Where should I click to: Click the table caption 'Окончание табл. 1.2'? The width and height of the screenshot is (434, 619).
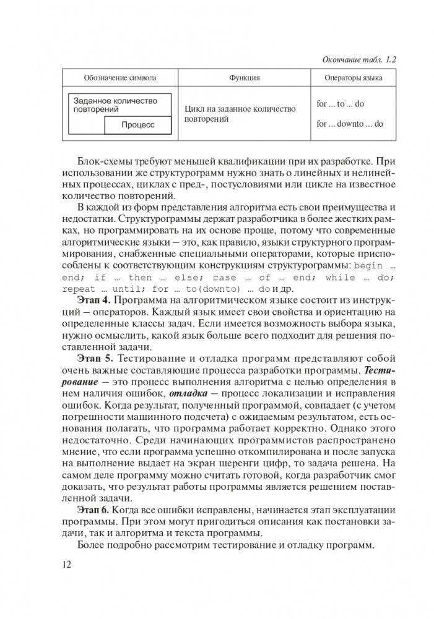360,60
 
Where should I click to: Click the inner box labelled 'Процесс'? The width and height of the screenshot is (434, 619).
137,124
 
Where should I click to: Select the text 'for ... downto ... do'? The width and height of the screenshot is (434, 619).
349,124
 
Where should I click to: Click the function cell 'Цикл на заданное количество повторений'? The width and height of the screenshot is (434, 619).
240,114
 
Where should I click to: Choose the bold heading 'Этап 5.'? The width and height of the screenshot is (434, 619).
95,359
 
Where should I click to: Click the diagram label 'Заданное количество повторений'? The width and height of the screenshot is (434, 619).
114,105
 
